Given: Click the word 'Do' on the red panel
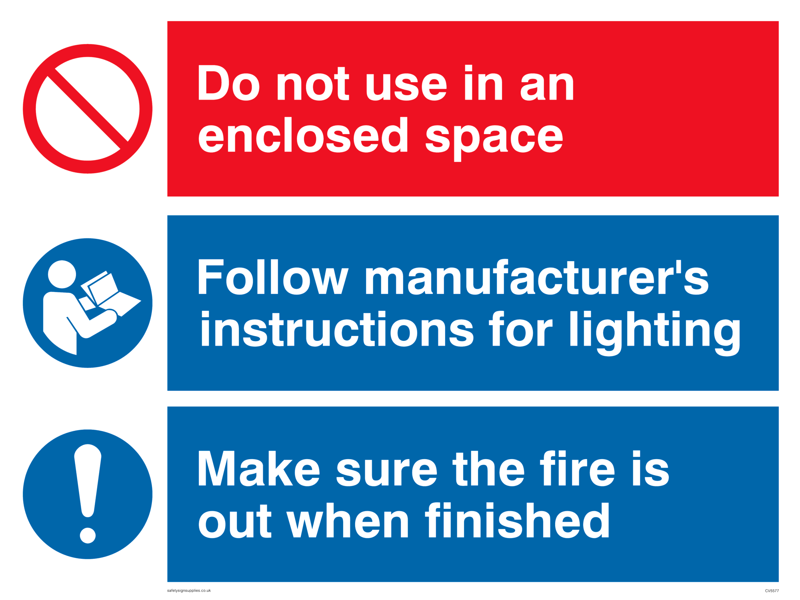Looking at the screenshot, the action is [x=228, y=83].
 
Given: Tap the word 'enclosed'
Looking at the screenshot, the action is [x=303, y=135].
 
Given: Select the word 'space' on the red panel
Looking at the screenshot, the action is [x=494, y=140].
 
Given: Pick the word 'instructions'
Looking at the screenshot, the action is [x=336, y=329].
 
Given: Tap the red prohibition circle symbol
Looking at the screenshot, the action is [x=88, y=109].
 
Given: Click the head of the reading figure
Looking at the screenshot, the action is [x=62, y=274].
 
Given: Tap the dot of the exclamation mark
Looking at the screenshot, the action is [x=88, y=536].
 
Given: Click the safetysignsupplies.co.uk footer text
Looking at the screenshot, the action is [x=189, y=590].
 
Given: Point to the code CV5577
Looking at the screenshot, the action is [x=772, y=591].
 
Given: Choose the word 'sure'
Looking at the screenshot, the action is [x=386, y=473].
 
